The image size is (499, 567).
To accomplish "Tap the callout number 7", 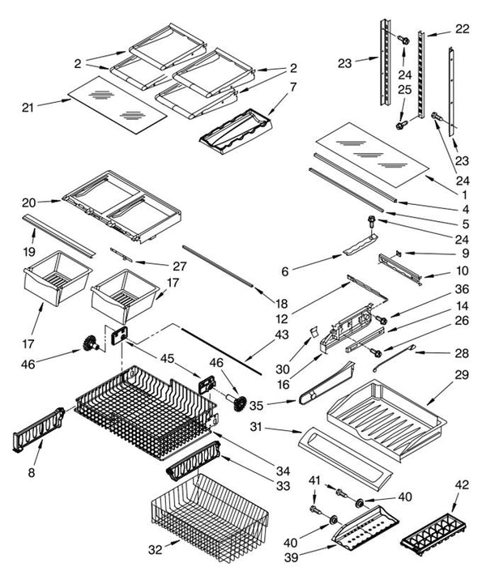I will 293,87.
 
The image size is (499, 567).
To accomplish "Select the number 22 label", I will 461,29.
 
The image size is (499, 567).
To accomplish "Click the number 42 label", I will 461,485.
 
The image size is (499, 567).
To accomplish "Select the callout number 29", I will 463,376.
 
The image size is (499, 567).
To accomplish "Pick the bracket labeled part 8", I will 39,428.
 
